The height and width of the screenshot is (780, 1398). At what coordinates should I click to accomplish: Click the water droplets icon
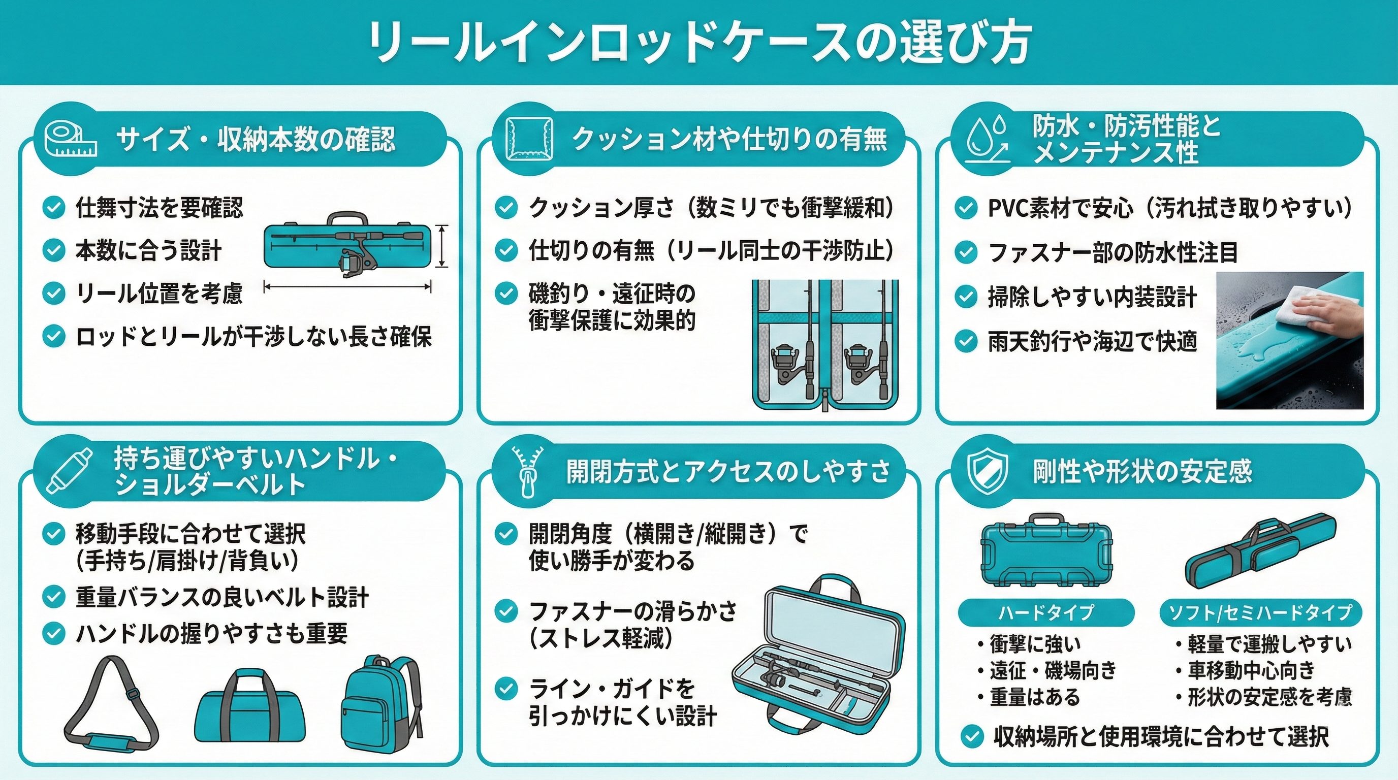(x=988, y=140)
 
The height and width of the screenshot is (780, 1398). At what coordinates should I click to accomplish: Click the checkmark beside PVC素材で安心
(x=966, y=208)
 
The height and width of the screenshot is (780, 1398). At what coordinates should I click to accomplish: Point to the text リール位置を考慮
(x=159, y=294)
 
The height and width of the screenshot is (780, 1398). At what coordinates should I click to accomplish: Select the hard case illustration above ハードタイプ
(x=1046, y=548)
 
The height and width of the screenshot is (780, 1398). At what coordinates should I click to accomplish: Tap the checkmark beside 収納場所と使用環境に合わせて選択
(x=971, y=737)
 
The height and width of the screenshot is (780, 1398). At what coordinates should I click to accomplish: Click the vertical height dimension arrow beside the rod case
(x=443, y=246)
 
